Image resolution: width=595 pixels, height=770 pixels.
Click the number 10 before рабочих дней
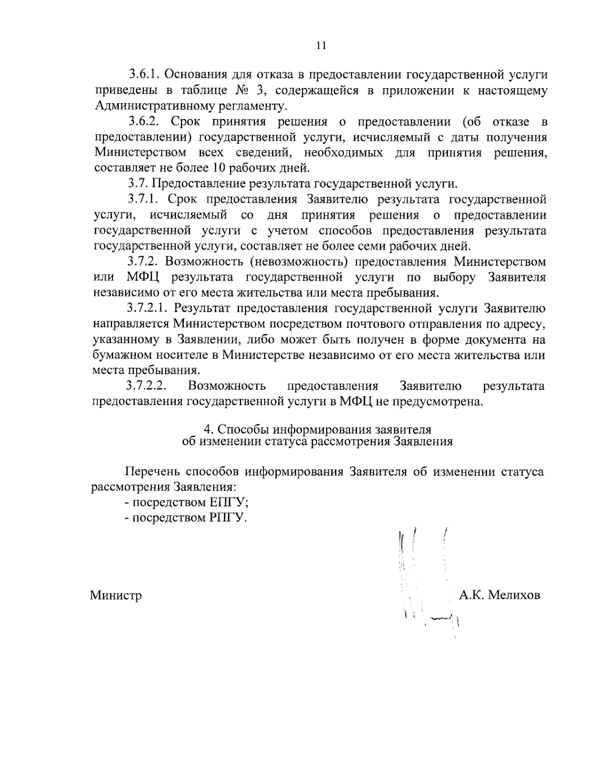click(x=208, y=167)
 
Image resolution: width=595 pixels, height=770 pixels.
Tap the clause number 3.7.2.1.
click(x=149, y=308)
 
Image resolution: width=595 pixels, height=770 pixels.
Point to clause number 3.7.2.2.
click(x=149, y=386)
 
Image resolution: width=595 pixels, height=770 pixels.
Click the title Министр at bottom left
click(x=116, y=595)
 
